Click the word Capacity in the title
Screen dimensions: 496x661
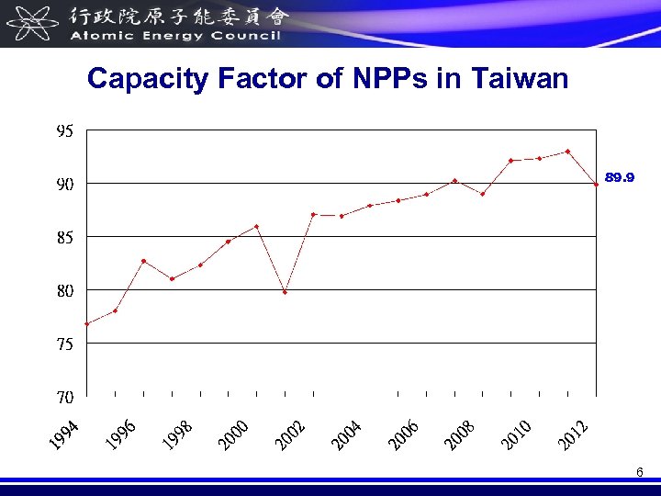(x=148, y=80)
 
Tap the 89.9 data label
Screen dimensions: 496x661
(x=619, y=177)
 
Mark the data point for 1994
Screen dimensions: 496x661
(x=86, y=323)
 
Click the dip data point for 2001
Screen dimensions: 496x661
(x=285, y=292)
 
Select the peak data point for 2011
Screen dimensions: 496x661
(x=568, y=152)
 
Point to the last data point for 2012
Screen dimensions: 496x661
(x=596, y=185)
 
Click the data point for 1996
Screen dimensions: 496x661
(x=143, y=261)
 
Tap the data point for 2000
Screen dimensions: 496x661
(x=256, y=226)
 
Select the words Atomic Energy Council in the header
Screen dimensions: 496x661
(x=174, y=36)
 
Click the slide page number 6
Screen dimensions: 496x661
(x=640, y=472)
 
